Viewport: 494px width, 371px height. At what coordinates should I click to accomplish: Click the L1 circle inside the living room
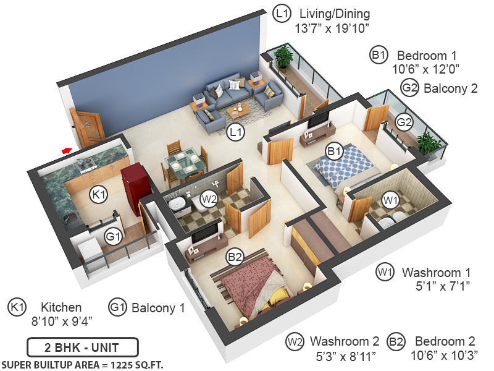coord(235,131)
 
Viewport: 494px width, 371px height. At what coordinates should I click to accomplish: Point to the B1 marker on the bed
coord(334,150)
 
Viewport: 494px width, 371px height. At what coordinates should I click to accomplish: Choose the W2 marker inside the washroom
coord(209,200)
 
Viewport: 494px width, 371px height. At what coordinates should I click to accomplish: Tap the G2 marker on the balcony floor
coord(404,122)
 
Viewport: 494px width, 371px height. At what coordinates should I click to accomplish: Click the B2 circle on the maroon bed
coord(234,257)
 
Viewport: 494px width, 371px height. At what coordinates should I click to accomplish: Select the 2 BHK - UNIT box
coord(82,347)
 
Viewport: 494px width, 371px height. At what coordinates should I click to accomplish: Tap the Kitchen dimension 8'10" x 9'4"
coord(61,320)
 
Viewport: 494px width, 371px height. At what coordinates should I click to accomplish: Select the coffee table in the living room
coord(237,111)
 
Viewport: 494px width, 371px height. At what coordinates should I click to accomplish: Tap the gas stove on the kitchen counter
coord(86,163)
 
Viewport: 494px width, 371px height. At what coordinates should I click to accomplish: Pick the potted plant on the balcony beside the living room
coord(283,58)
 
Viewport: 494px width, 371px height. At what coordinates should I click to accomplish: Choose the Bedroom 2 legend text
coord(445,341)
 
